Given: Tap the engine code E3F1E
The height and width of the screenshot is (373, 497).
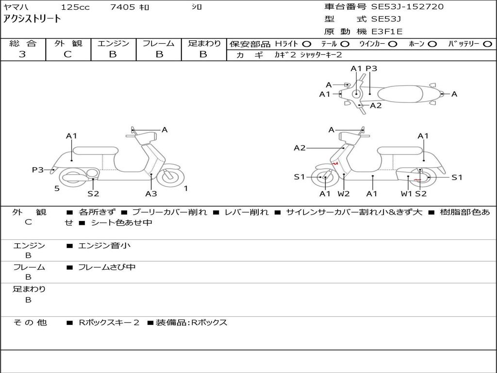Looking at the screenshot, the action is click(x=387, y=32).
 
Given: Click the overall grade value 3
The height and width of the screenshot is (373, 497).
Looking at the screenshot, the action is click(x=22, y=54).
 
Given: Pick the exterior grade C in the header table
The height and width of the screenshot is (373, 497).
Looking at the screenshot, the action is click(x=68, y=54).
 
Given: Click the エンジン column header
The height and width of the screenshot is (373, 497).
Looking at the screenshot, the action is click(x=113, y=43).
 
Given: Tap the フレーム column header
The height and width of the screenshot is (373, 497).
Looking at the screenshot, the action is click(x=158, y=43).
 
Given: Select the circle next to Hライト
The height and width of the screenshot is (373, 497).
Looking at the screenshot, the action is click(x=307, y=44).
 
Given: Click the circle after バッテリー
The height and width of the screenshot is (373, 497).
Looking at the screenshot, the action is click(x=488, y=44).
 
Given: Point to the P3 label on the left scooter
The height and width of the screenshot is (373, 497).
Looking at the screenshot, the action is click(x=38, y=170).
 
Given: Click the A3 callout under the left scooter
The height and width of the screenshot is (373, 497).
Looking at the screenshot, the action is click(x=151, y=193).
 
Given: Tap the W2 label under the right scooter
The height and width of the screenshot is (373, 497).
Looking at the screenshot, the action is click(x=344, y=193).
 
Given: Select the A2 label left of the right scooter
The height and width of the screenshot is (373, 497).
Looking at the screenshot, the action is click(x=299, y=148).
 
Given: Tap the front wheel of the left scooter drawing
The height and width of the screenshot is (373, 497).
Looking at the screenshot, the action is click(x=169, y=177).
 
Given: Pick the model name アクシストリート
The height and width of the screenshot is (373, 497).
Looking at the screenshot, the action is click(x=32, y=19).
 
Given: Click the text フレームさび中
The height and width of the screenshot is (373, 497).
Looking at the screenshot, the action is click(x=107, y=267).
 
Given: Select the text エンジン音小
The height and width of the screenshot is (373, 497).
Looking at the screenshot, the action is click(x=104, y=246).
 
